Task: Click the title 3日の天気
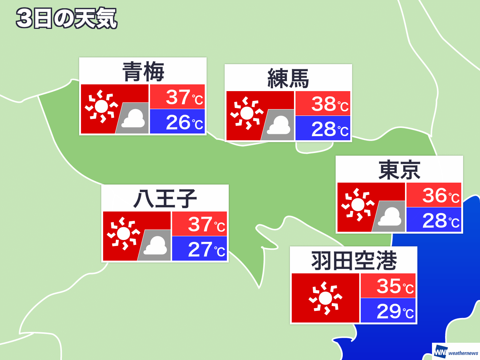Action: [x=67, y=18]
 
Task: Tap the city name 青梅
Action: [x=143, y=72]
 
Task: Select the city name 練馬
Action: [x=288, y=78]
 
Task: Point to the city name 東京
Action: [x=399, y=170]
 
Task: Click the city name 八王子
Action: [x=165, y=199]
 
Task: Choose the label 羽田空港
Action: [x=354, y=261]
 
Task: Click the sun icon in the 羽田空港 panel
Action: [x=325, y=298]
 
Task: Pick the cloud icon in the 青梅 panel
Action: [x=133, y=118]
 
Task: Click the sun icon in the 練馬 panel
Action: [x=247, y=113]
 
